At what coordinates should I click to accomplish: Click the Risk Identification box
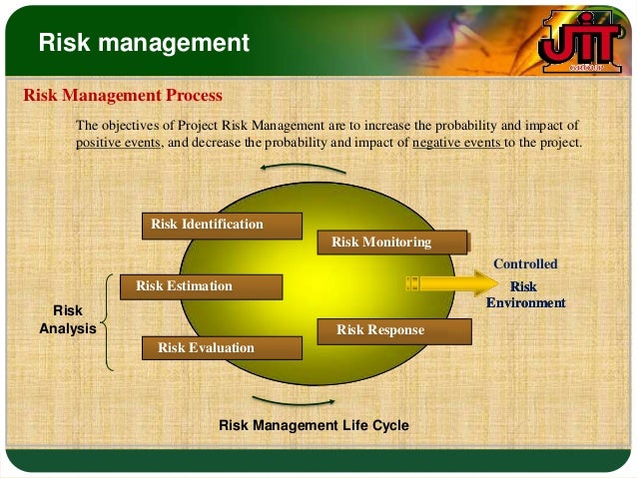tap(221, 225)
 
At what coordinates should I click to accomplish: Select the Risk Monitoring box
tap(392, 241)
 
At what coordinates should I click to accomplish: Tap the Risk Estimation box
tap(200, 286)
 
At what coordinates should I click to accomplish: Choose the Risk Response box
tap(394, 330)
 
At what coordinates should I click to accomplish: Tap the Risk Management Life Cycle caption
tap(314, 425)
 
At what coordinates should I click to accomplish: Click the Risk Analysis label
tap(67, 318)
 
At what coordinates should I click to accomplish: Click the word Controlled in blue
tap(525, 264)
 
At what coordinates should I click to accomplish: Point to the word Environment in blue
tap(525, 302)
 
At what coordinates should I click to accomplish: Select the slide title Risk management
tap(144, 43)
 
